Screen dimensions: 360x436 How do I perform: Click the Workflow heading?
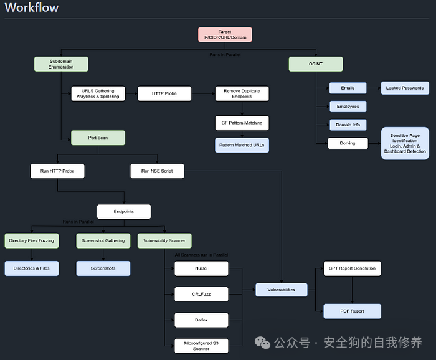tap(32, 8)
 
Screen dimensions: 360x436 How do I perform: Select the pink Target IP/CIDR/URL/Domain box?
tap(225, 35)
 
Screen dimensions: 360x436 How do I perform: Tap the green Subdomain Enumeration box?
tap(61, 64)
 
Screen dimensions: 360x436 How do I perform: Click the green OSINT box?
tap(316, 64)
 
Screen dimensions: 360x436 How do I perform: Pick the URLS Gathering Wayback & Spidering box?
tap(98, 94)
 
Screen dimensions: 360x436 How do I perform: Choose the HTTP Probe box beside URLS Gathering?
tap(164, 94)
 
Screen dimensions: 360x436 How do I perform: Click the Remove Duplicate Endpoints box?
tap(242, 94)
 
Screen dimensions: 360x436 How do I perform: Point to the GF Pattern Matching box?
tap(242, 123)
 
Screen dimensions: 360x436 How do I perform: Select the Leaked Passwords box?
tap(405, 88)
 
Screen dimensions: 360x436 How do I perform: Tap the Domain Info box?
tap(348, 125)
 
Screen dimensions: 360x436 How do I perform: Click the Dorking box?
tap(348, 143)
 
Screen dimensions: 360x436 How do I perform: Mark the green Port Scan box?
tap(98, 138)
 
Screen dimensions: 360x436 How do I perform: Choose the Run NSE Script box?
tap(157, 171)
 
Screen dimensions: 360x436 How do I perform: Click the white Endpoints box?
tap(123, 212)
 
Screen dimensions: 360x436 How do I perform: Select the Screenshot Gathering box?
tap(103, 240)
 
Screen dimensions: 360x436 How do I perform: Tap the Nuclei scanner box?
tap(201, 268)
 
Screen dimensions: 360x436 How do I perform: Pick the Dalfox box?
tap(201, 320)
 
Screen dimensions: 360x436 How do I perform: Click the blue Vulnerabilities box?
tap(282, 290)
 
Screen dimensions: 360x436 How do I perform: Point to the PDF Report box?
tap(352, 311)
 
